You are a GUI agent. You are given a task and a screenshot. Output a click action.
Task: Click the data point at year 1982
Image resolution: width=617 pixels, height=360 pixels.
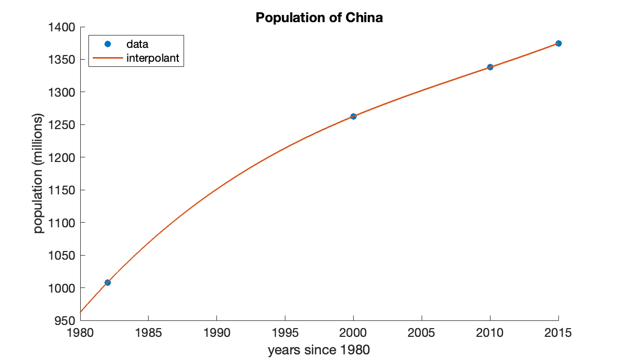(x=107, y=282)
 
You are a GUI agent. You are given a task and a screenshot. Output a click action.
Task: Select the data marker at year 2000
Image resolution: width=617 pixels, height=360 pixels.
(x=353, y=116)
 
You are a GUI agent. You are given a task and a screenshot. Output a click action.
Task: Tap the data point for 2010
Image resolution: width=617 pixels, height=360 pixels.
(x=490, y=67)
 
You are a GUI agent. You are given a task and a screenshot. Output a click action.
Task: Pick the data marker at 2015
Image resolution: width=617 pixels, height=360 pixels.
(x=558, y=43)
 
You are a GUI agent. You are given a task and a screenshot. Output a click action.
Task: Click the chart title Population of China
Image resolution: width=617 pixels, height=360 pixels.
(x=319, y=18)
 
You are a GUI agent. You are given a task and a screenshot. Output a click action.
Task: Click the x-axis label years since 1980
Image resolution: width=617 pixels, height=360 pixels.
(x=319, y=351)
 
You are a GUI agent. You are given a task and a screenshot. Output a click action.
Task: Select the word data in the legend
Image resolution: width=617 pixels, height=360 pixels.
(x=137, y=44)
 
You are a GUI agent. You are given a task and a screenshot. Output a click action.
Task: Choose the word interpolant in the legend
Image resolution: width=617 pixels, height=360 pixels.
(x=153, y=58)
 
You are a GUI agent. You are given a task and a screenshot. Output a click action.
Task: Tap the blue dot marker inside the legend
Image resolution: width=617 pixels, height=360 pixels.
(x=107, y=44)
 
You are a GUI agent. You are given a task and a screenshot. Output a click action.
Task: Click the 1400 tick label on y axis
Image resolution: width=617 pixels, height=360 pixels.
(x=62, y=27)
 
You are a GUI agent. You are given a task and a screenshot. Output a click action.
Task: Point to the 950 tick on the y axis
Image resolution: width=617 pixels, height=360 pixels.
(x=65, y=321)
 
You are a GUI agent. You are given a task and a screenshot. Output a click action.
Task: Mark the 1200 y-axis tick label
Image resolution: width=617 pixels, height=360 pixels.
(x=62, y=158)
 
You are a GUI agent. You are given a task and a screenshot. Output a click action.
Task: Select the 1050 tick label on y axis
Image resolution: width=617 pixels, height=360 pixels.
(x=62, y=256)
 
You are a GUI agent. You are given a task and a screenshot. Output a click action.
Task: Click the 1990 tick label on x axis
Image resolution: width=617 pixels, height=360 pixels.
(x=216, y=333)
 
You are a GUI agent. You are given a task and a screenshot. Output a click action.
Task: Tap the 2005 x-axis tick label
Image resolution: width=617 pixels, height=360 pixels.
(x=422, y=333)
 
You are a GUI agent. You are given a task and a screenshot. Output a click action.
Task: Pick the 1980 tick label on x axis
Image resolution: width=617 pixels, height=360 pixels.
(x=80, y=333)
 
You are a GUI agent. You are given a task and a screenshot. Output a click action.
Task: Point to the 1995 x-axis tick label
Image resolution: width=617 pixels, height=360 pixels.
(x=285, y=333)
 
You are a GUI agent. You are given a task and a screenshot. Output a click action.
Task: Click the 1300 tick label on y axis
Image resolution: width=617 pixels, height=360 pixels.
(x=62, y=93)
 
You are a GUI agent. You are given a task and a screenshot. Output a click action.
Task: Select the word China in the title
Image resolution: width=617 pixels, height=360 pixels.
(x=365, y=18)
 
